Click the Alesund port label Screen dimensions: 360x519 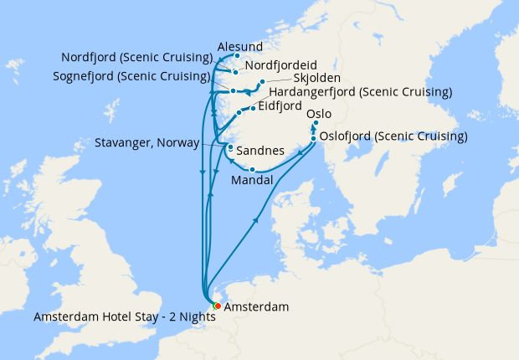[239, 46]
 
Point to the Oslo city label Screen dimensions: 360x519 [320, 113]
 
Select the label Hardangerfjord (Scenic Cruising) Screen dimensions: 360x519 [360, 91]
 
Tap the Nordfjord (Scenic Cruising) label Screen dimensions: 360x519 [136, 58]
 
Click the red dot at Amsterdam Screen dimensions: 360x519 [217, 306]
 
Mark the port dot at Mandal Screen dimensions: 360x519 [253, 170]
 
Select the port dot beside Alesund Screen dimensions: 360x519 [237, 56]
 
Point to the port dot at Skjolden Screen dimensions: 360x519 [262, 82]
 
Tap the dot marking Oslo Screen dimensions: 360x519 [316, 124]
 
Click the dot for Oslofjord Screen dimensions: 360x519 [313, 139]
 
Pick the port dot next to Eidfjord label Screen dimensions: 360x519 [254, 107]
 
